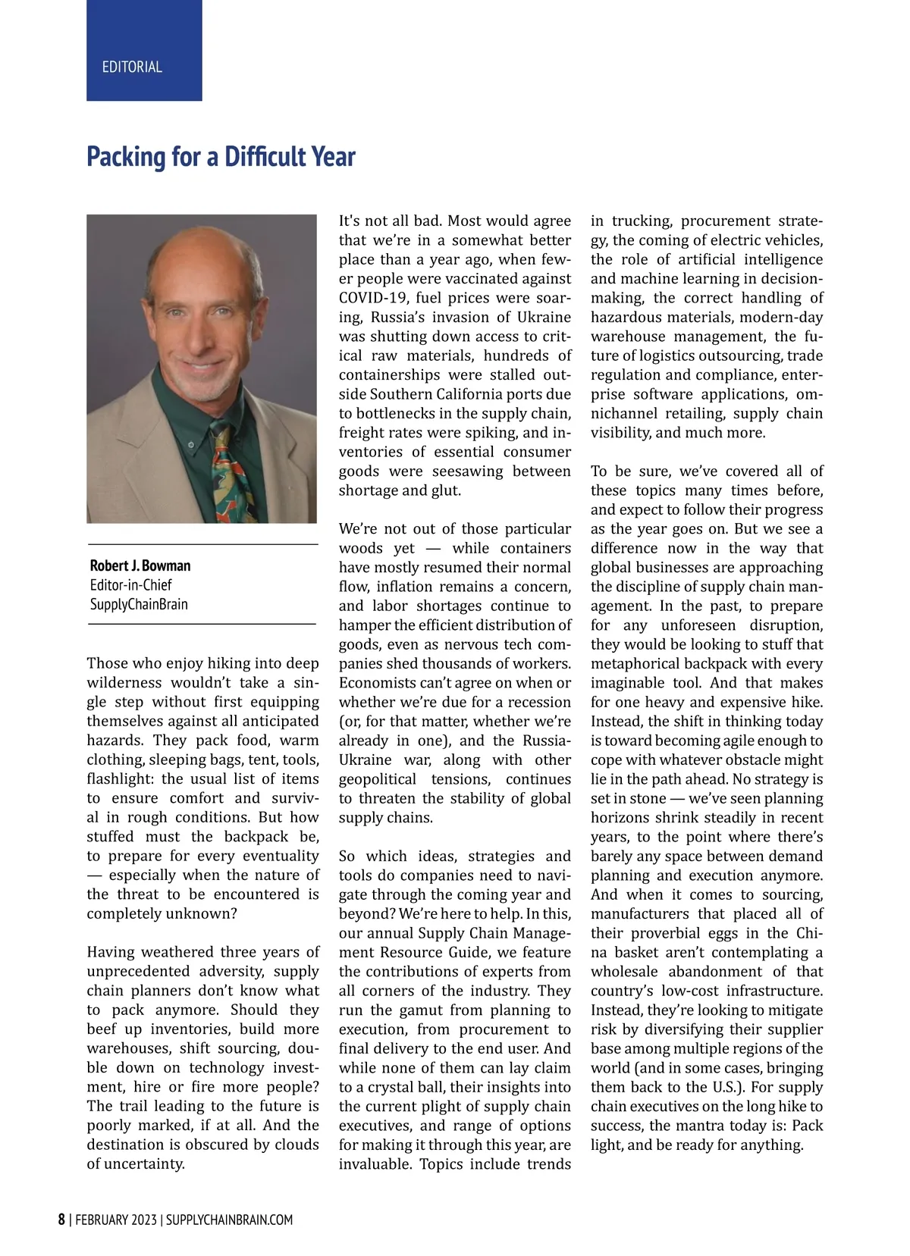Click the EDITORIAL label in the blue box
pos(132,67)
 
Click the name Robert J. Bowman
pos(140,565)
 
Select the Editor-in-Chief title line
pos(130,585)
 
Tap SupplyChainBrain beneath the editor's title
pos(139,604)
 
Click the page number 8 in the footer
pos(61,1220)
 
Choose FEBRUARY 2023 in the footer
pos(116,1220)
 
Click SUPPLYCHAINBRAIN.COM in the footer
pos(229,1220)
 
